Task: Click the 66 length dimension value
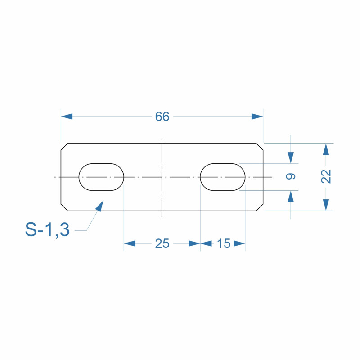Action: pos(162,117)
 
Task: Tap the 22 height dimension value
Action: pos(326,176)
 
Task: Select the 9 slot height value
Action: pos(291,176)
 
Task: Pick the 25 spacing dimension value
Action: pos(162,243)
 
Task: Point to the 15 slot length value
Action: pos(224,243)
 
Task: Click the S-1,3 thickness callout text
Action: pos(47,229)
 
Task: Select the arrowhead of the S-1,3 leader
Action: pos(100,206)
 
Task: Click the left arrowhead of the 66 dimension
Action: pos(67,117)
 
